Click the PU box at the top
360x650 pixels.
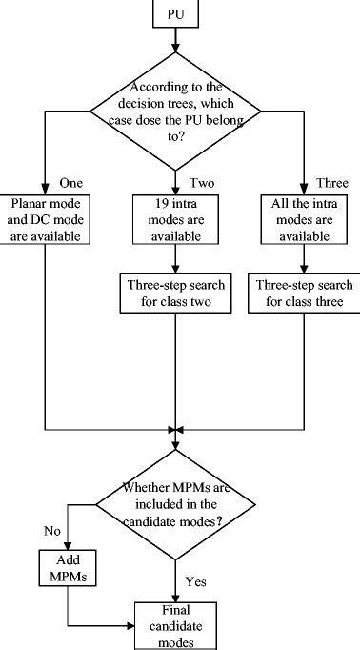(x=173, y=14)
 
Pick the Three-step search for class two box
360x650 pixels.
(x=173, y=293)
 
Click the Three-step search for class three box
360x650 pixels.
(x=301, y=293)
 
